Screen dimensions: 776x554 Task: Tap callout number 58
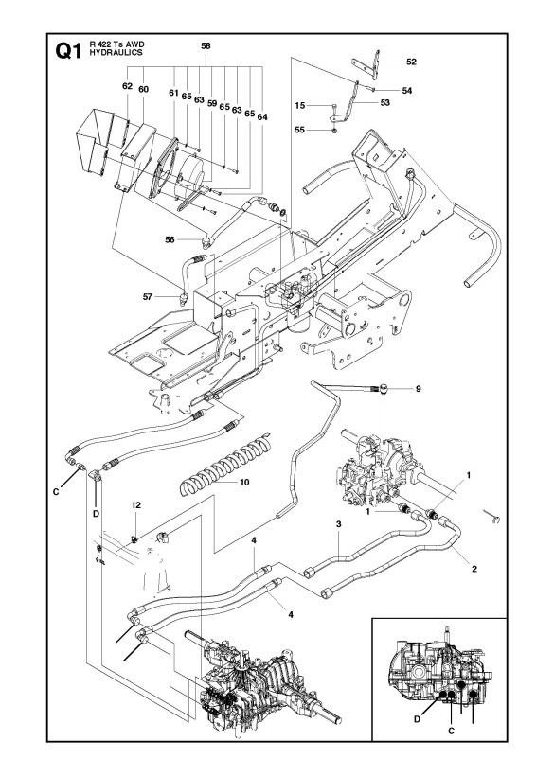click(206, 45)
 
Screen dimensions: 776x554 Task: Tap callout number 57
click(148, 296)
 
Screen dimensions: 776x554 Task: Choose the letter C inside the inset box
click(451, 731)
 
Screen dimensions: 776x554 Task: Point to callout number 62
click(126, 86)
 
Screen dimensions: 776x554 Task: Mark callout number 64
click(262, 115)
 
